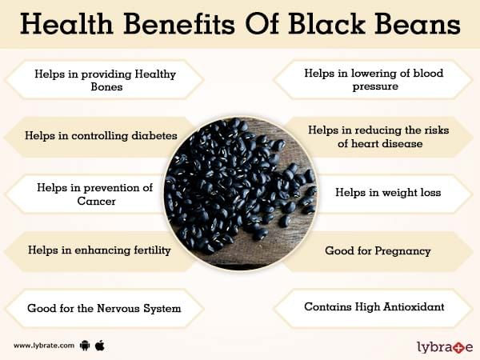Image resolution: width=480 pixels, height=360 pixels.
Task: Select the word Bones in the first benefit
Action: (x=106, y=87)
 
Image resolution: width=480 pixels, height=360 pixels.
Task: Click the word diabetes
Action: (x=154, y=136)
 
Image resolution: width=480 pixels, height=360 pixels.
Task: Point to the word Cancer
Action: (x=96, y=201)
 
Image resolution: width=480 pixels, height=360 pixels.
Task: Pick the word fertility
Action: (x=148, y=250)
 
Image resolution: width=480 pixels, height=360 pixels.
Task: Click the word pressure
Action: (x=375, y=86)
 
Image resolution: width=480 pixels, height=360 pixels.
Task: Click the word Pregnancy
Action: (x=402, y=251)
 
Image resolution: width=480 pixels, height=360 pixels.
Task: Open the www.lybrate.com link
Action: (x=44, y=346)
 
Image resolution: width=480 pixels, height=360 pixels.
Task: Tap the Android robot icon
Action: (x=85, y=346)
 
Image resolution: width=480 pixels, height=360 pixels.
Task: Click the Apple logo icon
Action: (x=100, y=346)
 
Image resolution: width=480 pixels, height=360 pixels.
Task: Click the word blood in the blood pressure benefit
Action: (x=428, y=74)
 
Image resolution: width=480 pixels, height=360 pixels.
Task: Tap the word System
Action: (x=162, y=309)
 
